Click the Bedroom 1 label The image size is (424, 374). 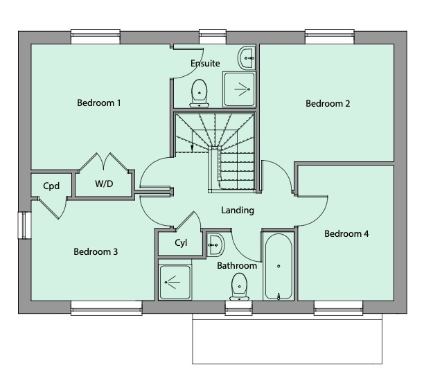click(x=99, y=103)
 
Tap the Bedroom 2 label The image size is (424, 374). click(x=328, y=104)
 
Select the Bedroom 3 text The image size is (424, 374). click(x=96, y=251)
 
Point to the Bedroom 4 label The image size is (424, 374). click(x=346, y=234)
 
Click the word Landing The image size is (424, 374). click(x=238, y=210)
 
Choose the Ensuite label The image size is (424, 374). click(x=205, y=64)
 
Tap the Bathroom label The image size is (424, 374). click(x=237, y=265)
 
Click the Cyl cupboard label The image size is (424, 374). click(x=180, y=243)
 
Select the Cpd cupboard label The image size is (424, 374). click(x=51, y=186)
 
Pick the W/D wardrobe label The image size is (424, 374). click(x=105, y=185)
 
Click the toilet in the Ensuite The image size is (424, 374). click(x=200, y=92)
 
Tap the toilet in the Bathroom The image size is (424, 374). click(x=239, y=286)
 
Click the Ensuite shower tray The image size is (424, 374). click(x=240, y=89)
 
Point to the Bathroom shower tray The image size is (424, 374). click(x=175, y=282)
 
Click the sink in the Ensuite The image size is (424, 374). click(x=247, y=57)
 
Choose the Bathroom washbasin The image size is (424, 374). click(x=214, y=244)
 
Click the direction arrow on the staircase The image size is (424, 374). click(x=192, y=146)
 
